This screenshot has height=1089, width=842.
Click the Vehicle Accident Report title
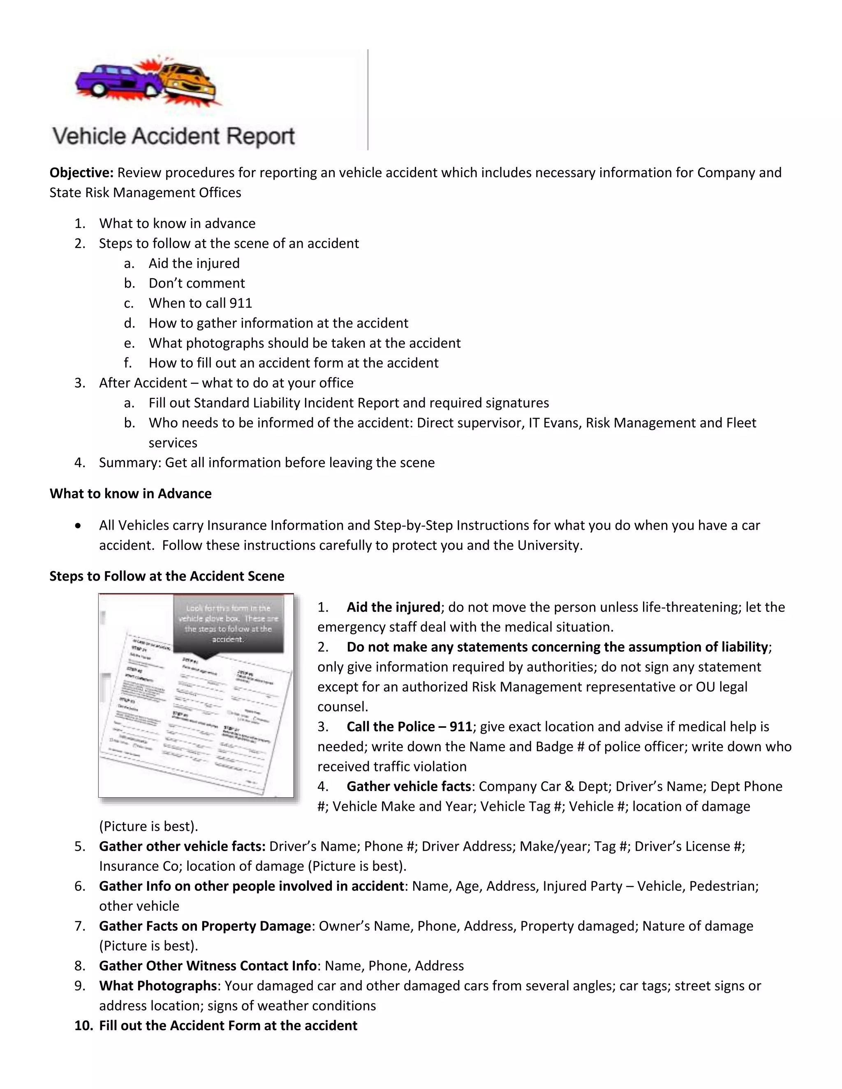[173, 136]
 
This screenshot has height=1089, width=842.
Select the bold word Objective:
[82, 173]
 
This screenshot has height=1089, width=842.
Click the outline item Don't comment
[197, 283]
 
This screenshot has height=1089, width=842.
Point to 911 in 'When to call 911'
[241, 303]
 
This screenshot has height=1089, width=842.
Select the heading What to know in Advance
[130, 494]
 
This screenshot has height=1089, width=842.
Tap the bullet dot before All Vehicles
[78, 526]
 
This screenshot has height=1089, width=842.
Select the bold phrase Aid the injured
[393, 607]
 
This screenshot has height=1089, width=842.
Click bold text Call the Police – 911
[409, 727]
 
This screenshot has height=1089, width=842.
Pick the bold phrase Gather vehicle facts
[409, 786]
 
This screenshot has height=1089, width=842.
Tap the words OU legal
[722, 687]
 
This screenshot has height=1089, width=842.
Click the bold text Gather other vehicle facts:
[182, 846]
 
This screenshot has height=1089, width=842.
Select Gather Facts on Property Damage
[205, 926]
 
